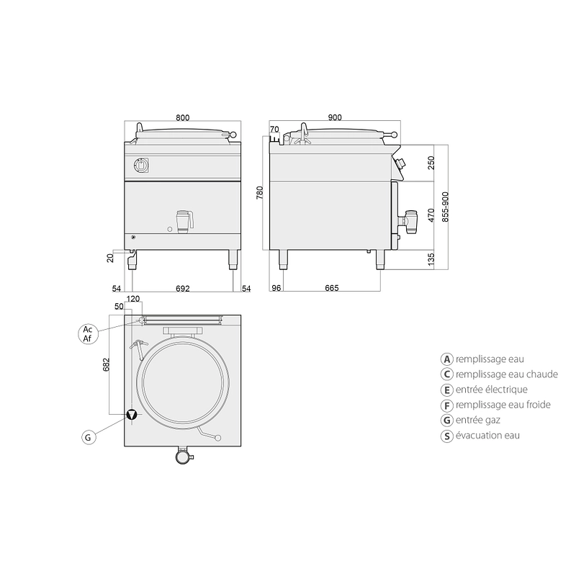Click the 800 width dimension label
coord(183,117)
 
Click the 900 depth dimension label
coord(335,117)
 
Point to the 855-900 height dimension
coord(445,207)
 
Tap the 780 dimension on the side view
coord(260,193)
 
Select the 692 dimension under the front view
coord(183,289)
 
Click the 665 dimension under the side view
coord(332,288)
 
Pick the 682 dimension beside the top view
coord(106,364)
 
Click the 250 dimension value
coord(431,163)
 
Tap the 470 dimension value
coord(431,215)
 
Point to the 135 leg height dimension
coord(431,259)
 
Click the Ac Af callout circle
coord(88,334)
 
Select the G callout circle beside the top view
coord(88,438)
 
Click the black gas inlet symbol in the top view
coord(132,415)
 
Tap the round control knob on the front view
coord(140,165)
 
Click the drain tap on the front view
coord(185,222)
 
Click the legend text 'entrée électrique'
coord(492,390)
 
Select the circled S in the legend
coord(446,436)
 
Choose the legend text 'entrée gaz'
coord(478,420)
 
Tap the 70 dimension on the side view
coord(274,130)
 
